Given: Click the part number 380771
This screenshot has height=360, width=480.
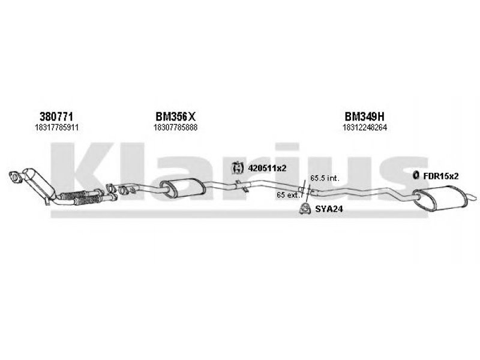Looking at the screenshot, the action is pyautogui.click(x=56, y=116).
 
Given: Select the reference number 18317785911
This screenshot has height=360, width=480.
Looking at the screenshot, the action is pyautogui.click(x=56, y=127).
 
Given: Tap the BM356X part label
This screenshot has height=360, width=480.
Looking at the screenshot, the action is pyautogui.click(x=175, y=116).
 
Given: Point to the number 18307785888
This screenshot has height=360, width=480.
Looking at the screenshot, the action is pyautogui.click(x=175, y=127).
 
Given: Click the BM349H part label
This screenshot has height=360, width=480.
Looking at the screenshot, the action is pyautogui.click(x=364, y=116).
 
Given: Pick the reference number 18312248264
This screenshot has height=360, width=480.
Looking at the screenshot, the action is pyautogui.click(x=365, y=127).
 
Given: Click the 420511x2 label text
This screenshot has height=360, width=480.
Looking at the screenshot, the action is pyautogui.click(x=267, y=168).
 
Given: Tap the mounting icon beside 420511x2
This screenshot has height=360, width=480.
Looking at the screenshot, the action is pyautogui.click(x=237, y=167).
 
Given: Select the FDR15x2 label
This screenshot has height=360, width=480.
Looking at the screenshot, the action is pyautogui.click(x=441, y=176).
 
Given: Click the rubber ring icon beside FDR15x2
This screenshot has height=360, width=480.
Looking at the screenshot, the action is pyautogui.click(x=415, y=175).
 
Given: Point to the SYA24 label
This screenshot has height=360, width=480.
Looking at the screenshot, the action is pyautogui.click(x=329, y=209).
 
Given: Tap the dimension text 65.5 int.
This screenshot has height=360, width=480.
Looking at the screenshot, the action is pyautogui.click(x=325, y=178).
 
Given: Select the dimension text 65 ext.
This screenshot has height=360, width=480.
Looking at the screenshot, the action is pyautogui.click(x=288, y=194).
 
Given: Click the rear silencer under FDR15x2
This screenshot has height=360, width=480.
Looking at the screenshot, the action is pyautogui.click(x=440, y=197).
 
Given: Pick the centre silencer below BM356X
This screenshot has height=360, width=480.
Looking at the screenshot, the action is pyautogui.click(x=183, y=187).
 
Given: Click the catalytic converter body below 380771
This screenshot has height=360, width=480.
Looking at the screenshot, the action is pyautogui.click(x=39, y=183).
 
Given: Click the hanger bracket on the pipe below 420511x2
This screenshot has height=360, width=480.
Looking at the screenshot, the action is pyautogui.click(x=241, y=186).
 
